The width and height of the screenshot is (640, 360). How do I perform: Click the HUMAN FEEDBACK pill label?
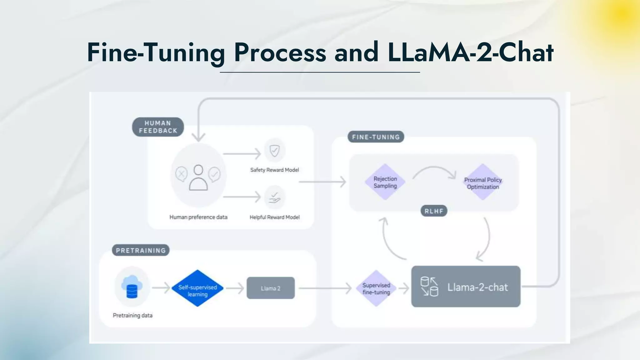(158, 127)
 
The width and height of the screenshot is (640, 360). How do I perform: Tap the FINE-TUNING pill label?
(376, 137)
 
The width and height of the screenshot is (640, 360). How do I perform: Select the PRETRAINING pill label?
(141, 250)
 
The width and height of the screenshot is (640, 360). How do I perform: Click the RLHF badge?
(434, 211)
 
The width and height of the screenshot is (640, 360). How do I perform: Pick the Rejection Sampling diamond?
(385, 182)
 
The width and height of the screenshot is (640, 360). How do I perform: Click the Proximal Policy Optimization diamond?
(483, 183)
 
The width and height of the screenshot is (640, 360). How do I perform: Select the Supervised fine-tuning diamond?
(376, 288)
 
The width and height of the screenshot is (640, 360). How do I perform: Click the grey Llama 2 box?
(271, 288)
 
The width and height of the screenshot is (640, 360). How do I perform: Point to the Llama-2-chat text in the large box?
(477, 287)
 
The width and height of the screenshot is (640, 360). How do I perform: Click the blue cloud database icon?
(132, 287)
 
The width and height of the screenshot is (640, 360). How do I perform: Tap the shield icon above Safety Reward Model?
(274, 151)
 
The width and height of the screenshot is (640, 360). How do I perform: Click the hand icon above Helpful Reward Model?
(274, 197)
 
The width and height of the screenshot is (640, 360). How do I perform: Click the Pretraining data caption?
(132, 315)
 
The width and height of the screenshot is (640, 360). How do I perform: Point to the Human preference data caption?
(198, 217)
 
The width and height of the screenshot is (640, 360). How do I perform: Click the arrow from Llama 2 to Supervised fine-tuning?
(325, 288)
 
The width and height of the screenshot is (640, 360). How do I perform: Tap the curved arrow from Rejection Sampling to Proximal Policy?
(434, 171)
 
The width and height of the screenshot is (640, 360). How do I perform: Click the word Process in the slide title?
(280, 52)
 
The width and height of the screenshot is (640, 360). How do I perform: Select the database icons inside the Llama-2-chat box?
(429, 286)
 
